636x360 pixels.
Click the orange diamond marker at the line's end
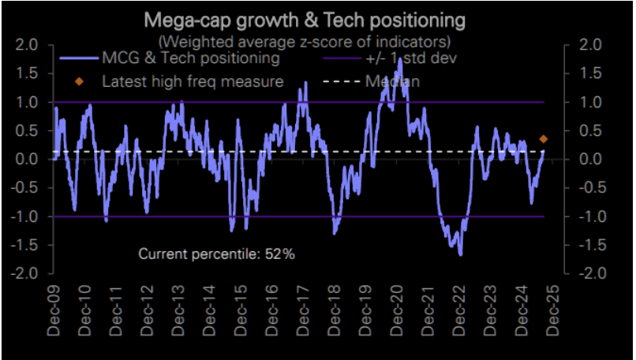tap(543, 139)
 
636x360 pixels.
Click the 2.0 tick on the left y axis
tap(26, 45)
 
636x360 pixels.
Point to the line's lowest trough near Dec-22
tap(460, 254)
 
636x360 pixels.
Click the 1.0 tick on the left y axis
tap(26, 103)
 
